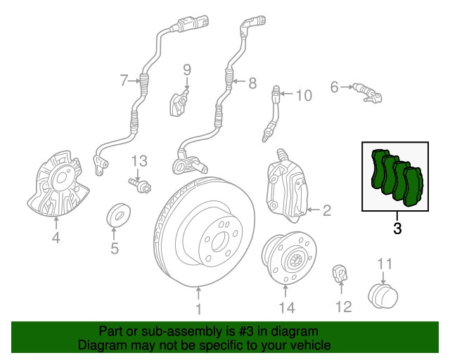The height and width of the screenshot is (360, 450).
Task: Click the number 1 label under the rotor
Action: (x=198, y=309)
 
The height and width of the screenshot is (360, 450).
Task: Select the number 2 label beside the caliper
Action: (x=326, y=210)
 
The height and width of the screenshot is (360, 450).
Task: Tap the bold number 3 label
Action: (x=397, y=228)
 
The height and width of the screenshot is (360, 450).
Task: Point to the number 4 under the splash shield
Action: (x=56, y=239)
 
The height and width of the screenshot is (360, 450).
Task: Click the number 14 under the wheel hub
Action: (x=286, y=307)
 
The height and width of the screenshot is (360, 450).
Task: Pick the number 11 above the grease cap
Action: (x=384, y=264)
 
